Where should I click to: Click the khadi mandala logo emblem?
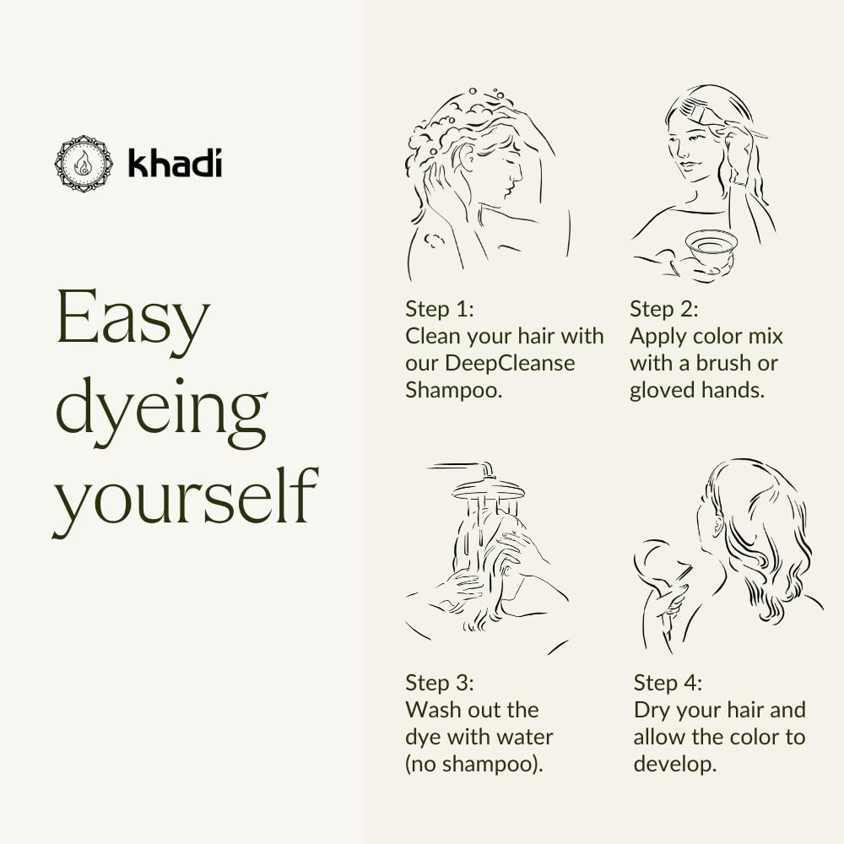[x=83, y=163]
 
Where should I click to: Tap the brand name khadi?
[x=175, y=162]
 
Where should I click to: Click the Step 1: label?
[x=441, y=309]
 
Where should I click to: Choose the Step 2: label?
[x=664, y=309]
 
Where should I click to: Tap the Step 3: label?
[x=441, y=682]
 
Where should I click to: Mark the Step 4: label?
[x=668, y=682]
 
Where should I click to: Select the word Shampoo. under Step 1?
[x=454, y=390]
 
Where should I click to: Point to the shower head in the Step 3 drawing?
[x=487, y=487]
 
